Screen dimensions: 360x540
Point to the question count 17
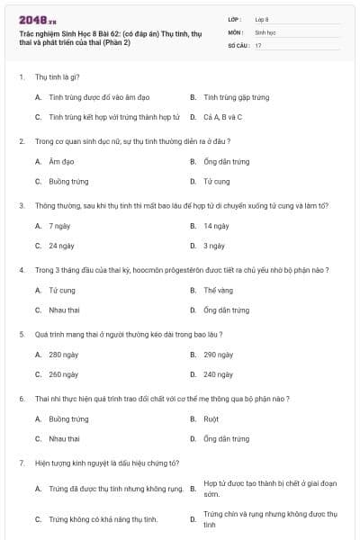click(258, 45)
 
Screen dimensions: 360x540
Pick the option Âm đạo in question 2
click(61, 161)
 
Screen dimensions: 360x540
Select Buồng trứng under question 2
click(68, 181)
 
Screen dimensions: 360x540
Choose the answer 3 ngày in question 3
click(213, 245)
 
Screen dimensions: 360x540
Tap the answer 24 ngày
click(61, 245)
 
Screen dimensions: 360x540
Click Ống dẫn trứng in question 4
click(226, 310)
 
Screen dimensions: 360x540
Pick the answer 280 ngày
click(63, 355)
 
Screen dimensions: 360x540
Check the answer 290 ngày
click(219, 355)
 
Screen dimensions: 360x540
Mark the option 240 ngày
click(219, 374)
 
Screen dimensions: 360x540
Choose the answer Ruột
click(211, 418)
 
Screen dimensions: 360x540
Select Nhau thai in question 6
click(64, 438)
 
